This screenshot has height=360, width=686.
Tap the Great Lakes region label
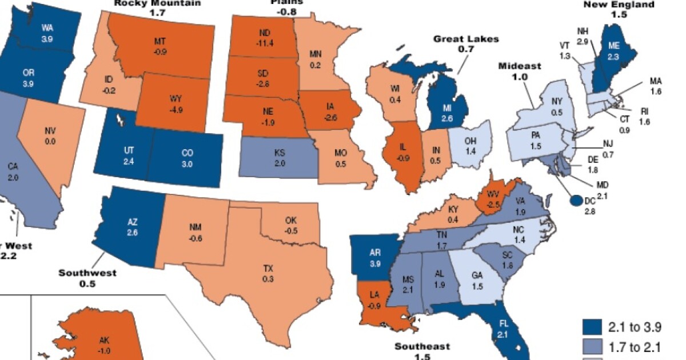tap(466, 44)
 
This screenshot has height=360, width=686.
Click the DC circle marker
tap(576, 200)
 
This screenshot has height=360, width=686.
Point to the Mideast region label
tap(519, 71)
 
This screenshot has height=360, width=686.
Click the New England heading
tap(619, 9)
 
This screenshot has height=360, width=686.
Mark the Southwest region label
tap(87, 278)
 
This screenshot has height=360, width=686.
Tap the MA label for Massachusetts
tap(655, 86)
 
